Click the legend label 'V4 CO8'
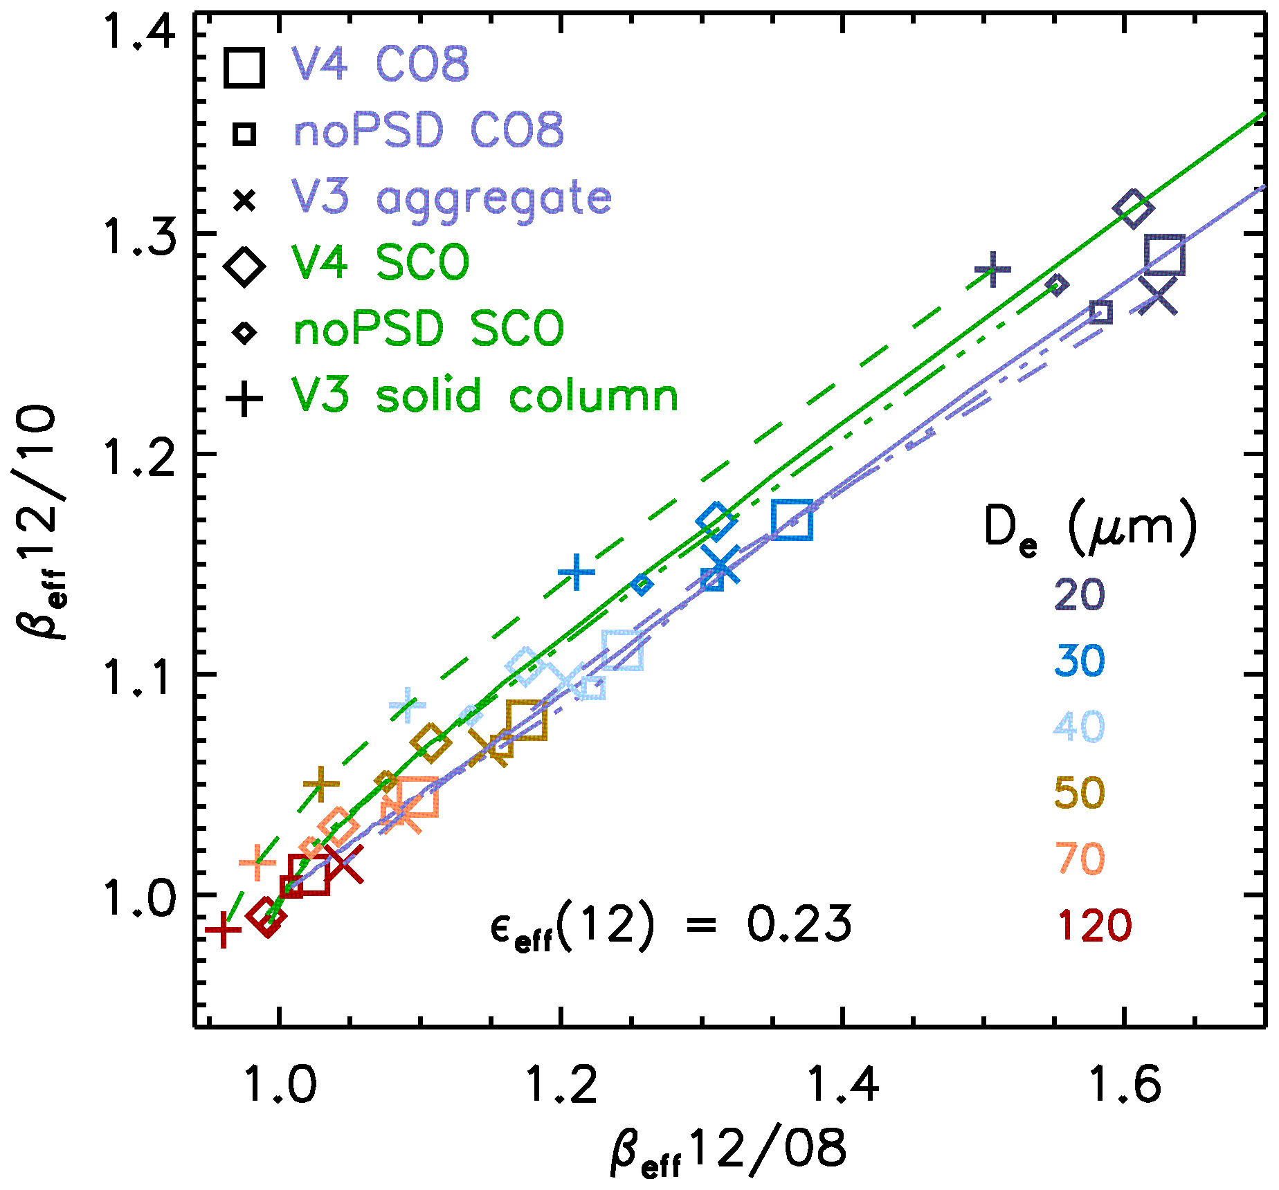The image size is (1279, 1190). coord(380,65)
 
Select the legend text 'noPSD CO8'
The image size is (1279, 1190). coord(428,130)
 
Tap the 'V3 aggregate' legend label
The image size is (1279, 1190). coord(452,199)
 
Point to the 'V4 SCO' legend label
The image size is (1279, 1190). coord(380,263)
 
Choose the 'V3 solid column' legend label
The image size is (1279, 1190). coord(484,396)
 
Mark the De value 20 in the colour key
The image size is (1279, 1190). coord(1080,595)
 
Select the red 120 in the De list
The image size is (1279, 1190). coord(1094,926)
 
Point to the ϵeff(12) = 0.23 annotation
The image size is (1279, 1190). coord(670,926)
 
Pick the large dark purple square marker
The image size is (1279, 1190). coord(1164,255)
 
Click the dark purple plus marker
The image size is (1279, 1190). coord(992,270)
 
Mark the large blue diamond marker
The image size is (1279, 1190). coord(717,521)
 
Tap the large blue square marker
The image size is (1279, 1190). coord(792,520)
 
